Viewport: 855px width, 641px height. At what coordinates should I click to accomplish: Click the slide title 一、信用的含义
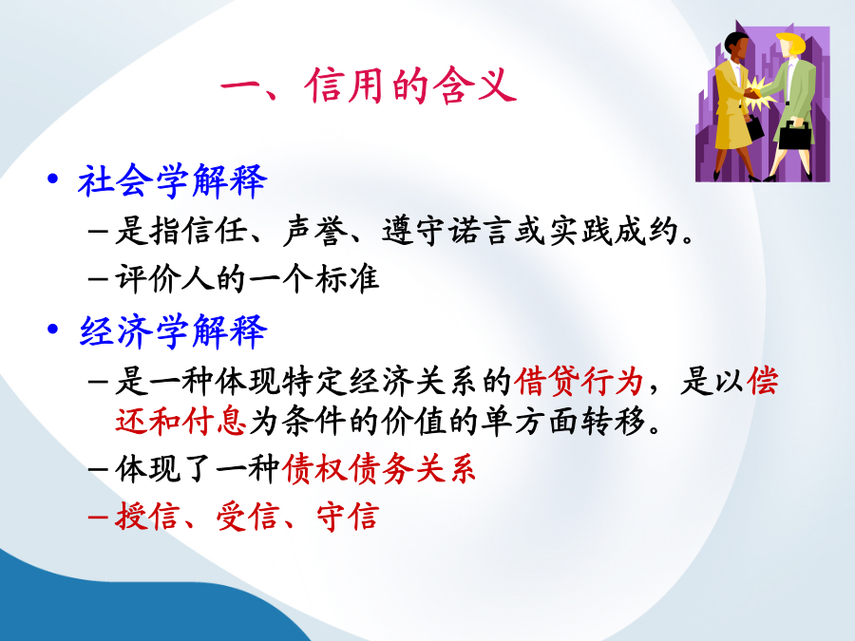pyautogui.click(x=368, y=85)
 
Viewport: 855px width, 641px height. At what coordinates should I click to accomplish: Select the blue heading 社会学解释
pyautogui.click(x=172, y=181)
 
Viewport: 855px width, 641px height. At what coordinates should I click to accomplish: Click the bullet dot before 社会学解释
pyautogui.click(x=53, y=179)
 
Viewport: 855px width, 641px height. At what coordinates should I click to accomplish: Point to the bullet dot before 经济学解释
pyautogui.click(x=53, y=329)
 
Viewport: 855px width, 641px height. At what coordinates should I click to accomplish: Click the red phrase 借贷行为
pyautogui.click(x=579, y=381)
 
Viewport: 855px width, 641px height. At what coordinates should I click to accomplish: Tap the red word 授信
pyautogui.click(x=146, y=516)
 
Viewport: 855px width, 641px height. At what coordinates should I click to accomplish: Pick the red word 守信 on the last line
pyautogui.click(x=348, y=516)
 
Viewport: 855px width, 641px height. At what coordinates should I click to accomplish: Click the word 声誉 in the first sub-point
pyautogui.click(x=314, y=231)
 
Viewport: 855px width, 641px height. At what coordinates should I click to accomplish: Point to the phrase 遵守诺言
pyautogui.click(x=447, y=231)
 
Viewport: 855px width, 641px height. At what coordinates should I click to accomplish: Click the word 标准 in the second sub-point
pyautogui.click(x=348, y=278)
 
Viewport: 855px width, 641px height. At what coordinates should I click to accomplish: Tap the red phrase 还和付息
pyautogui.click(x=180, y=422)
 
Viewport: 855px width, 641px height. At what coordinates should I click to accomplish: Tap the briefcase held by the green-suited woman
pyautogui.click(x=794, y=135)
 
